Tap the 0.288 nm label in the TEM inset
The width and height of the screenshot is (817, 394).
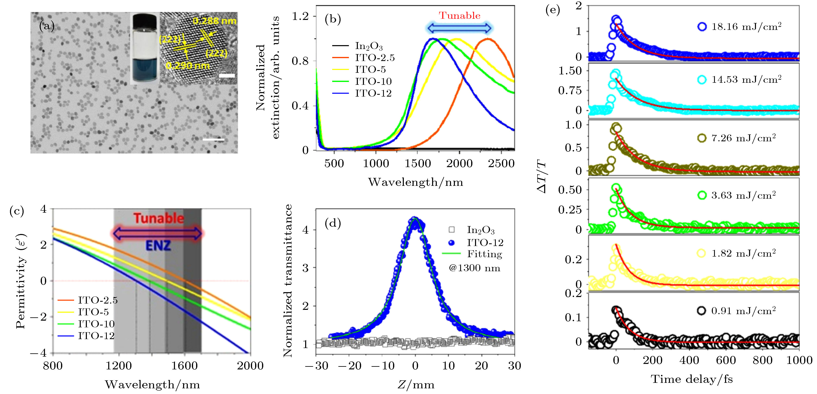coord(214,21)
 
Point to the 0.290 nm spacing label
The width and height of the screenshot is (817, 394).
coord(188,66)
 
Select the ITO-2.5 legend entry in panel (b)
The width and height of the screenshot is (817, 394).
coord(375,58)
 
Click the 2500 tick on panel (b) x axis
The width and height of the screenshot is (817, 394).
coord(501,164)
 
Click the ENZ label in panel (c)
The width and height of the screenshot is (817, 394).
coord(158,246)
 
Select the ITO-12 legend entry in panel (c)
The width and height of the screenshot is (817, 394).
coord(96,336)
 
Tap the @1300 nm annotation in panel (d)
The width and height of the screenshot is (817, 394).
coord(474,268)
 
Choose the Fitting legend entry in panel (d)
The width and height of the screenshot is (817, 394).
coord(484,254)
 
